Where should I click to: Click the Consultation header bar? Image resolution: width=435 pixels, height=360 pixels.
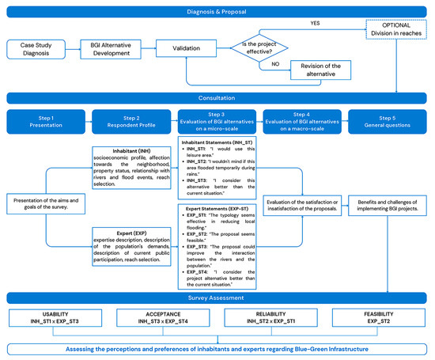pyautogui.click(x=217, y=97)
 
